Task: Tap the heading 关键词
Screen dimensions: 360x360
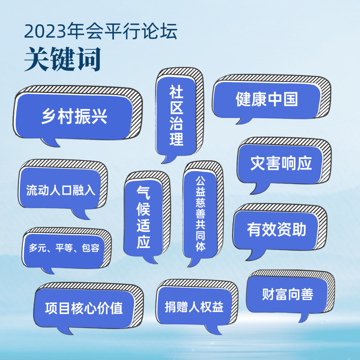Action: [62, 59]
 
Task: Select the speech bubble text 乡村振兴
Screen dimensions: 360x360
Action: [74, 116]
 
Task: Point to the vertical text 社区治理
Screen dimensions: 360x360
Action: [176, 115]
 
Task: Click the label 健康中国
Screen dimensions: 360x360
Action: [267, 99]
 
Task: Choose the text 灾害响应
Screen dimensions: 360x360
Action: [281, 163]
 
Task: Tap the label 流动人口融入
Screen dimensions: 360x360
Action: [61, 190]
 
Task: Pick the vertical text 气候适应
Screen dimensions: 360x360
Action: [143, 217]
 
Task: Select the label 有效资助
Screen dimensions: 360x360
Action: [277, 229]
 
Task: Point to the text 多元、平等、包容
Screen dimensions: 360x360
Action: [64, 248]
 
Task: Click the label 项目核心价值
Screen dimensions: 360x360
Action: [84, 308]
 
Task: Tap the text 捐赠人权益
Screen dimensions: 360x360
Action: [194, 307]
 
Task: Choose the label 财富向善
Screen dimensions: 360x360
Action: [288, 294]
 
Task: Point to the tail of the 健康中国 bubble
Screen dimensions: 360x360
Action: [243, 121]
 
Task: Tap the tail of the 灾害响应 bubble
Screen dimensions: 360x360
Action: [259, 188]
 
